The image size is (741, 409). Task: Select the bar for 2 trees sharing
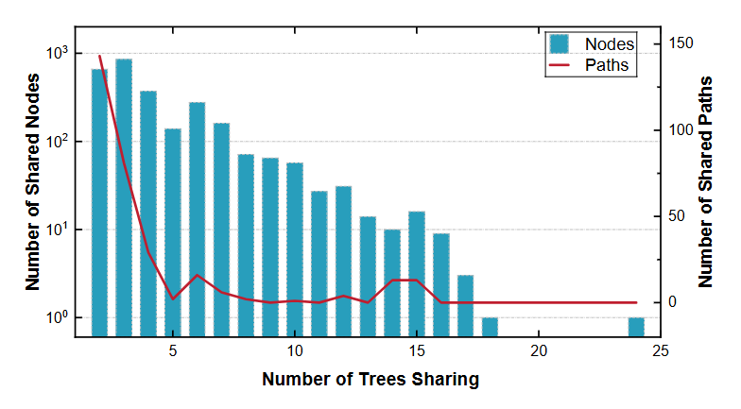(x=99, y=202)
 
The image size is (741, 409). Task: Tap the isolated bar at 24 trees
(x=636, y=327)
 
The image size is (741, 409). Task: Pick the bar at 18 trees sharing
(x=490, y=327)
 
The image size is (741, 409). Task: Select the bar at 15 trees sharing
(x=417, y=273)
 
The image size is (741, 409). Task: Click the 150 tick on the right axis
(x=681, y=43)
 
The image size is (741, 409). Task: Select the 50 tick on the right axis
(x=678, y=216)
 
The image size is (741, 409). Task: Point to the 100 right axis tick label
(x=681, y=129)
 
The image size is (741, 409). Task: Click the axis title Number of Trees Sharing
(x=370, y=380)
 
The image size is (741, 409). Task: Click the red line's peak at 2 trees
(x=99, y=56)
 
